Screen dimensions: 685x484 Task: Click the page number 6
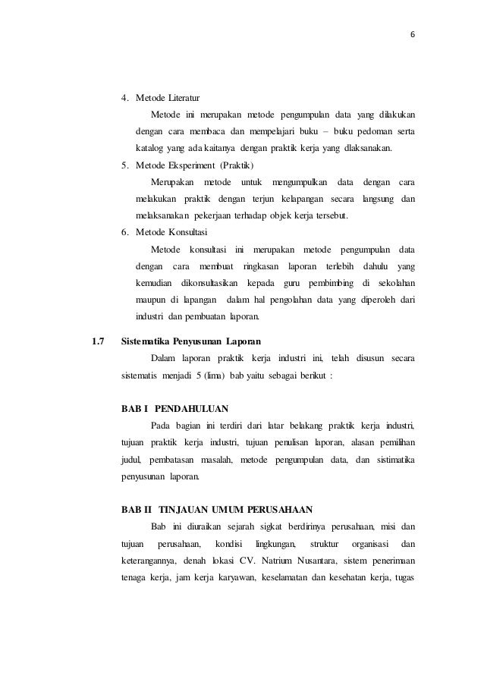click(x=413, y=36)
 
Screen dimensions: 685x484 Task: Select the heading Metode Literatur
click(x=168, y=98)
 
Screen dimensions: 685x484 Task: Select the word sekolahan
click(x=394, y=281)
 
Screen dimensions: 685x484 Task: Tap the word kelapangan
click(x=294, y=198)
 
